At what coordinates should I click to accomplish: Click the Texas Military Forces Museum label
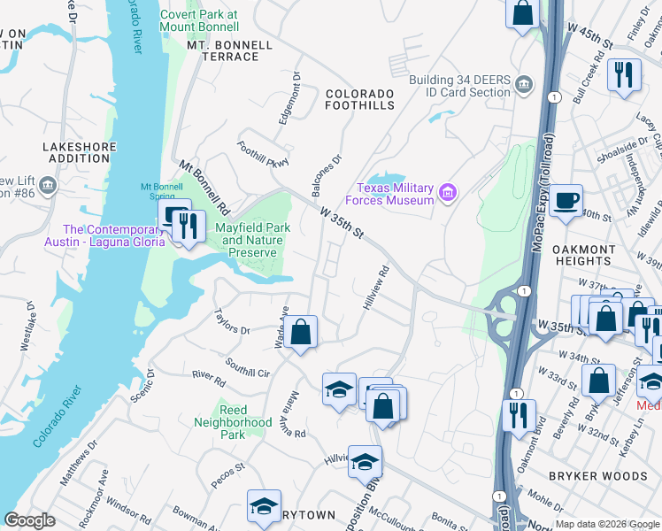click(395, 194)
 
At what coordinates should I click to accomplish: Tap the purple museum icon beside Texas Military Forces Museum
click(449, 192)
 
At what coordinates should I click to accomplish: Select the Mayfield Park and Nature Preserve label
click(254, 240)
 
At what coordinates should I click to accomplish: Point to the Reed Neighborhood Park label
click(233, 422)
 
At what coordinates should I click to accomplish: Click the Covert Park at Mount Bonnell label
click(199, 20)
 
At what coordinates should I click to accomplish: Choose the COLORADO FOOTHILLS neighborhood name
click(359, 99)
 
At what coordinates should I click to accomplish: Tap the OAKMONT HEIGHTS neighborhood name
click(583, 256)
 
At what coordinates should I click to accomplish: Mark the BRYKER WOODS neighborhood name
click(598, 476)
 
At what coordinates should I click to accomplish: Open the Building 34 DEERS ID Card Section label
click(459, 86)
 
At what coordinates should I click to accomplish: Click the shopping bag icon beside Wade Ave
click(300, 333)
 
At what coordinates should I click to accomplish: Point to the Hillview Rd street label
click(376, 289)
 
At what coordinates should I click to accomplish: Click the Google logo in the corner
click(29, 520)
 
